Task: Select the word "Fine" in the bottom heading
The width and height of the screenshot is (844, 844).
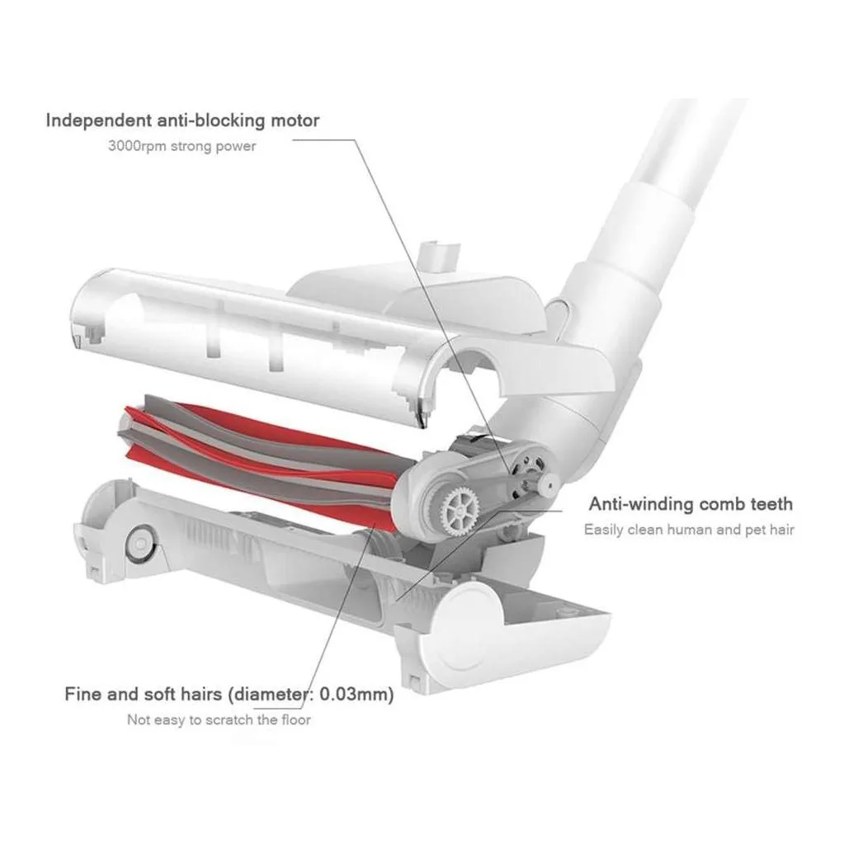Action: tap(83, 694)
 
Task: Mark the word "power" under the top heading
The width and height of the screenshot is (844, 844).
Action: tap(238, 146)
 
